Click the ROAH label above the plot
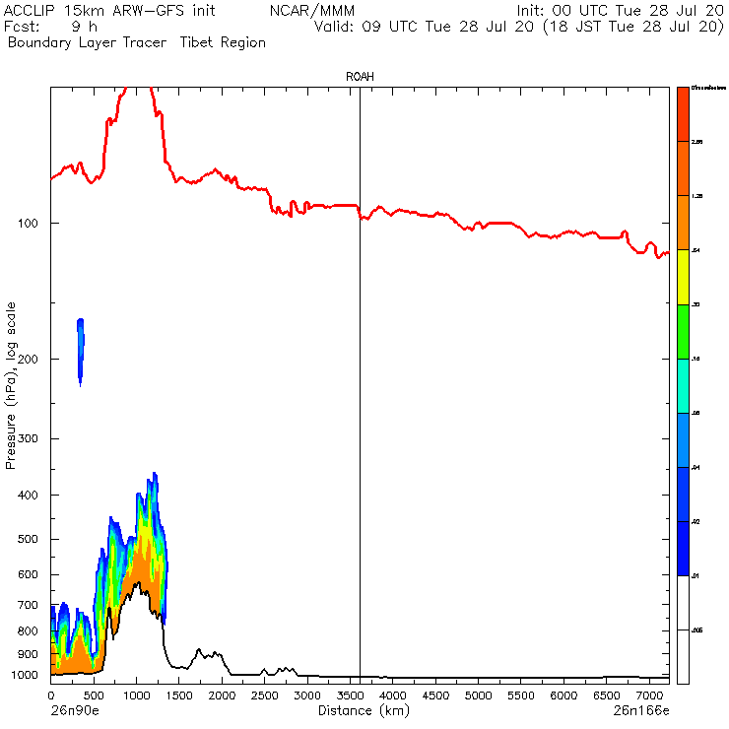(x=360, y=76)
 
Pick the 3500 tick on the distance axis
(x=350, y=696)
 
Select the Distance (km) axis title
(x=359, y=710)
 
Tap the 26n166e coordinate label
(x=641, y=710)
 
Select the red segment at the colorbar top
(x=682, y=114)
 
